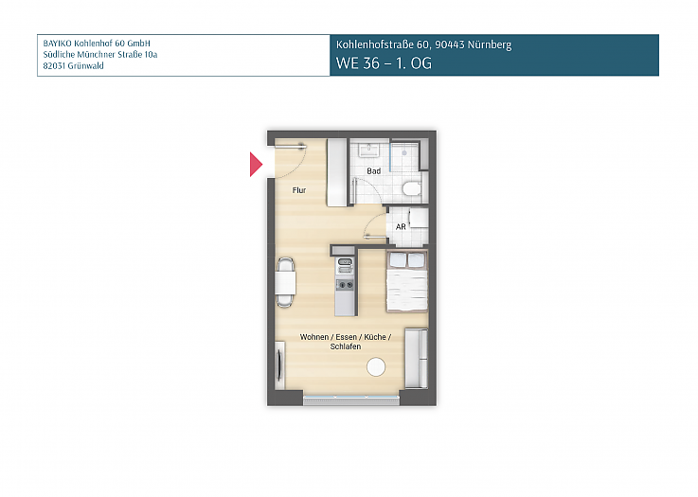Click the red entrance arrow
[x=255, y=165]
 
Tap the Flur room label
[x=298, y=190]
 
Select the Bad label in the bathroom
[x=374, y=171]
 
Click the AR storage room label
[x=401, y=227]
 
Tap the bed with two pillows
[x=406, y=282]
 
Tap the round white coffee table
[x=377, y=367]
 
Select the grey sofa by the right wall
[x=416, y=358]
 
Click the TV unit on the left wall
[x=278, y=363]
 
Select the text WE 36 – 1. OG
[x=384, y=65]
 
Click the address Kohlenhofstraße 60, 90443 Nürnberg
[x=423, y=44]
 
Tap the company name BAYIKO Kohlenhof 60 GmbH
[x=97, y=44]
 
